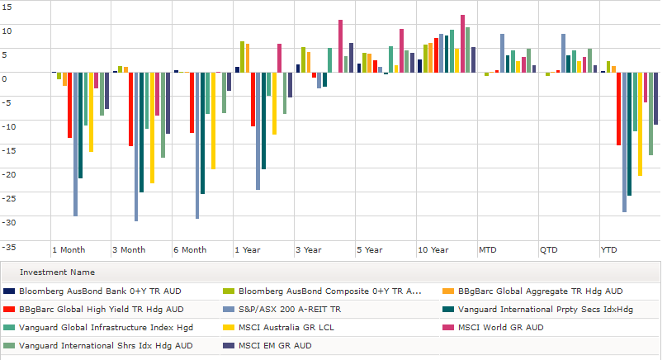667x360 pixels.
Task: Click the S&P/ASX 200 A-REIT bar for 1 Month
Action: (x=75, y=144)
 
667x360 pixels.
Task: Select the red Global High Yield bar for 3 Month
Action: (x=130, y=109)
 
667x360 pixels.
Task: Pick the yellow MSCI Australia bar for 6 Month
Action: (x=213, y=121)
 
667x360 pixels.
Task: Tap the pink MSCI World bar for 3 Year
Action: (x=340, y=46)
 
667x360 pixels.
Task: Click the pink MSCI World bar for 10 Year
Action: (x=462, y=44)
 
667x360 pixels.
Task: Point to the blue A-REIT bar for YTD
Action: (x=624, y=142)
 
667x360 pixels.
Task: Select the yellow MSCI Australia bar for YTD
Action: (x=641, y=124)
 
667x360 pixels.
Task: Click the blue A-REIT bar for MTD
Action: (x=503, y=53)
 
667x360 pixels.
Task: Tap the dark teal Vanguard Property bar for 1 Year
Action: (x=263, y=121)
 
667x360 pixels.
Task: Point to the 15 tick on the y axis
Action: (x=7, y=7)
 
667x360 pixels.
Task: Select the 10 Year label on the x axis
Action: (x=433, y=250)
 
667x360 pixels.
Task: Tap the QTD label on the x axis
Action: (x=549, y=250)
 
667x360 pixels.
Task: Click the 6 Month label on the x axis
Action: (x=190, y=250)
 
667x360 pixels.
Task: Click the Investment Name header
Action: (x=58, y=272)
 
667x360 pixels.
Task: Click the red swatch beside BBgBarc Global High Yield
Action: (x=9, y=310)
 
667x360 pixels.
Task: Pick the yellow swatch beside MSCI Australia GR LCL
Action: (x=229, y=328)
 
